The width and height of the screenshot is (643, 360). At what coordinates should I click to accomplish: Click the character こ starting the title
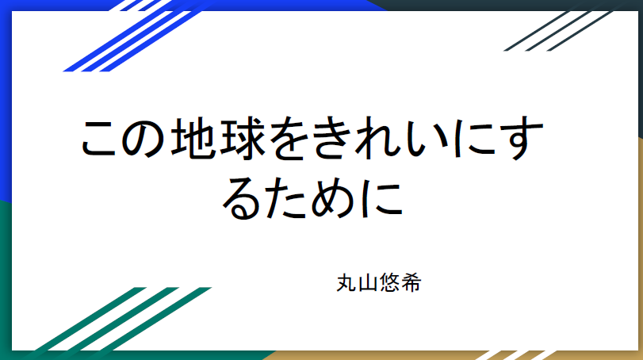(x=99, y=139)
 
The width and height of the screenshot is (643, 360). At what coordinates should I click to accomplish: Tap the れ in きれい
(x=378, y=138)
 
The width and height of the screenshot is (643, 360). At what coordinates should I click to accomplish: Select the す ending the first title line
(x=522, y=138)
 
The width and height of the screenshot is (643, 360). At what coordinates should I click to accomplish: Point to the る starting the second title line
(x=241, y=199)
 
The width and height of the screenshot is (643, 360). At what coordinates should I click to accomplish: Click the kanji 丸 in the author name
(x=346, y=282)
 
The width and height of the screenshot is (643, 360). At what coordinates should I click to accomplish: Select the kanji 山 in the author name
(x=367, y=283)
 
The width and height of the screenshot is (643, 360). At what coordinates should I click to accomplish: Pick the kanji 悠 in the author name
(x=389, y=282)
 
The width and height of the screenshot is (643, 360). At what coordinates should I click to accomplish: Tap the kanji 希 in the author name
(x=411, y=282)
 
